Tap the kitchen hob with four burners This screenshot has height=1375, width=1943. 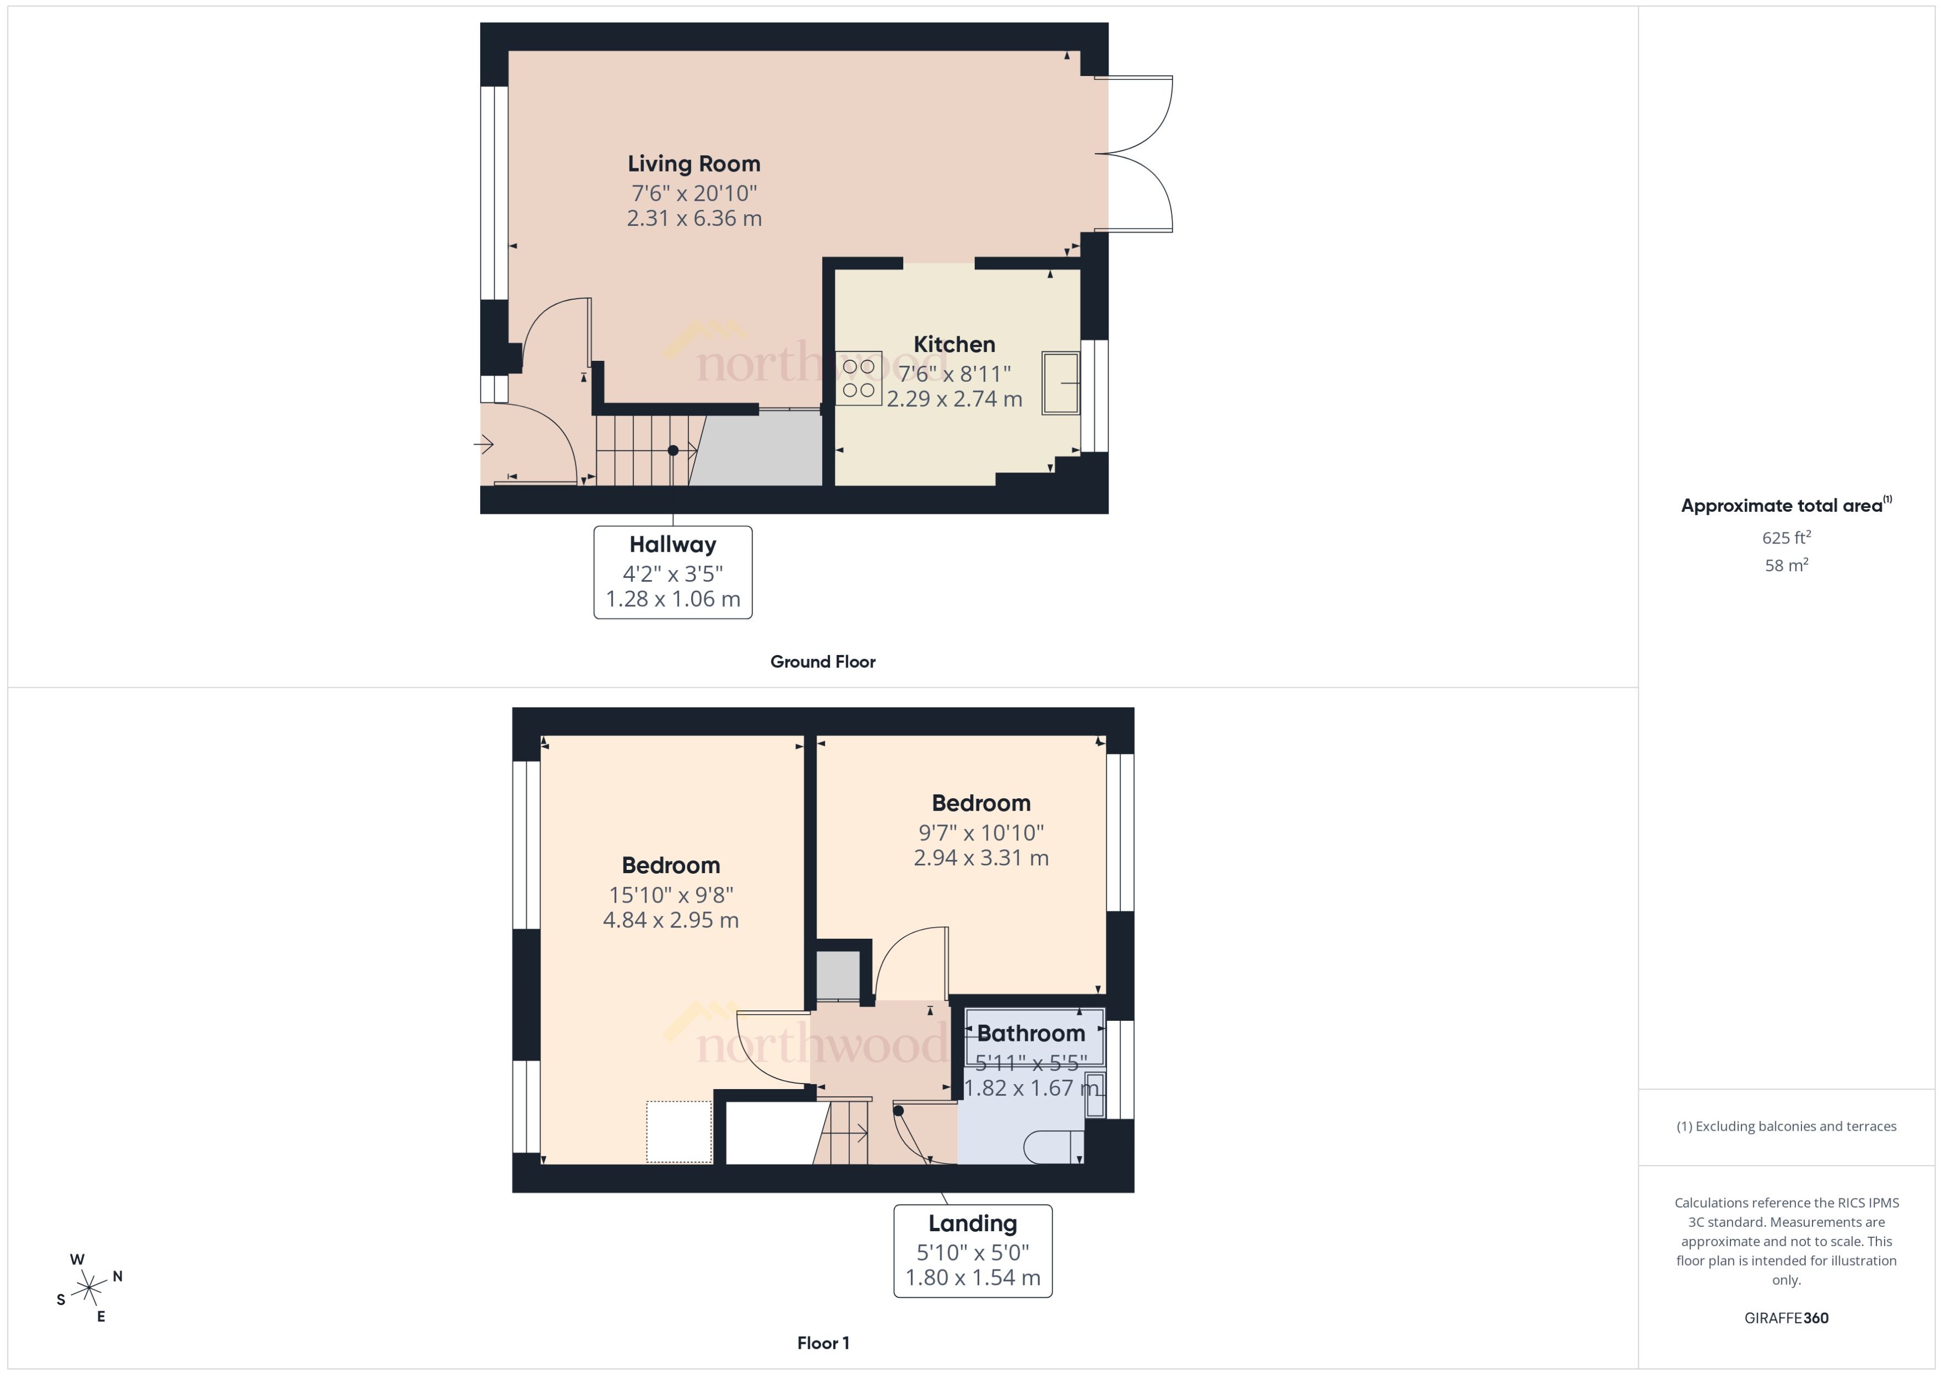858,379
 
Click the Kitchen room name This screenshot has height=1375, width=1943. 954,345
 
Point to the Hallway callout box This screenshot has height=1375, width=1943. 672,572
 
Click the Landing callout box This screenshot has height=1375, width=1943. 972,1251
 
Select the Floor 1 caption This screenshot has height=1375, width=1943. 822,1343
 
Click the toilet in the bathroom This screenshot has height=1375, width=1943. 1053,1148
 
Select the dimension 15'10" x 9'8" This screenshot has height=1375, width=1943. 671,895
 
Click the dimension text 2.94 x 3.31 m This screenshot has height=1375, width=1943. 980,858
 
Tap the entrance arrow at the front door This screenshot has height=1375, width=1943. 484,444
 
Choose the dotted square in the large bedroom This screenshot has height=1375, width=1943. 679,1131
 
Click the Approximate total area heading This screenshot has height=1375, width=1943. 1782,506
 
